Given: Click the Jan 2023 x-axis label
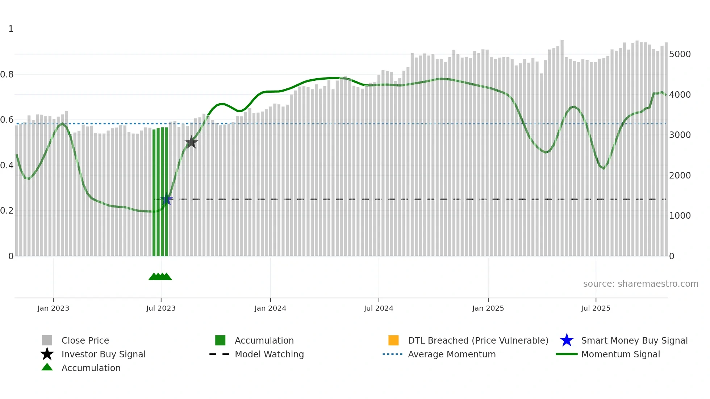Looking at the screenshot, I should [53, 308].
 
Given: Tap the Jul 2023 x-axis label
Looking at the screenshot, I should [161, 308].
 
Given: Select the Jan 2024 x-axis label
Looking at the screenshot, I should [270, 308].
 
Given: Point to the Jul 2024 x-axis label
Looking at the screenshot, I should [379, 308].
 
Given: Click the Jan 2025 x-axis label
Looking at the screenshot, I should [488, 308].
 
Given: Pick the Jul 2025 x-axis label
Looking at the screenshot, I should [596, 308].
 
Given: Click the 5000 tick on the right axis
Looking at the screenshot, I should [680, 54].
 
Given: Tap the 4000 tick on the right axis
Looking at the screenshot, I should [680, 95].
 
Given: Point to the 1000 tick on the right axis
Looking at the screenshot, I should [680, 216].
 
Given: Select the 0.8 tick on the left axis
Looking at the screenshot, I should [7, 75].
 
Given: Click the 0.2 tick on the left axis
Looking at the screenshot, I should [7, 211].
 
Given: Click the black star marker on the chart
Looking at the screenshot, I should [191, 142].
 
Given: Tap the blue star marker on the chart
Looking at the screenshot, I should [167, 199].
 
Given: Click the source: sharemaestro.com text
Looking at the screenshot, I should [640, 284].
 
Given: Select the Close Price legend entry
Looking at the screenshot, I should [85, 340].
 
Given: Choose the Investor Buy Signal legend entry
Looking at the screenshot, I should [103, 354].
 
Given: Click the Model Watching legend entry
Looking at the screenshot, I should [269, 354].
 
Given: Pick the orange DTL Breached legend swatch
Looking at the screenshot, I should [393, 340].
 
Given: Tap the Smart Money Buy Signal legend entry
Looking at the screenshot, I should [634, 340].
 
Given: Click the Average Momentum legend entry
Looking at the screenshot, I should [452, 354].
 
